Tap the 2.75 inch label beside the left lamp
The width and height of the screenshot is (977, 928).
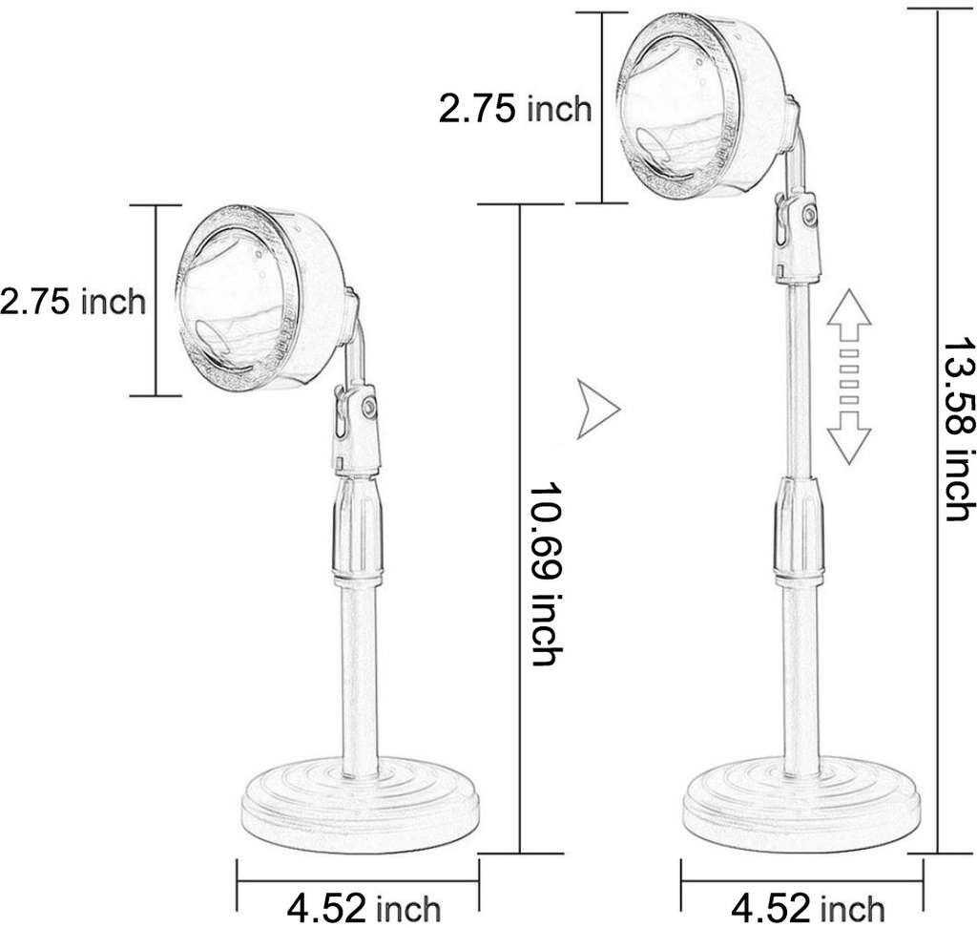(x=73, y=302)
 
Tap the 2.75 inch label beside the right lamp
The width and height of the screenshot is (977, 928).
(x=515, y=109)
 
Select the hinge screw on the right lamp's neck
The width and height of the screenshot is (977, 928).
(x=808, y=217)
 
